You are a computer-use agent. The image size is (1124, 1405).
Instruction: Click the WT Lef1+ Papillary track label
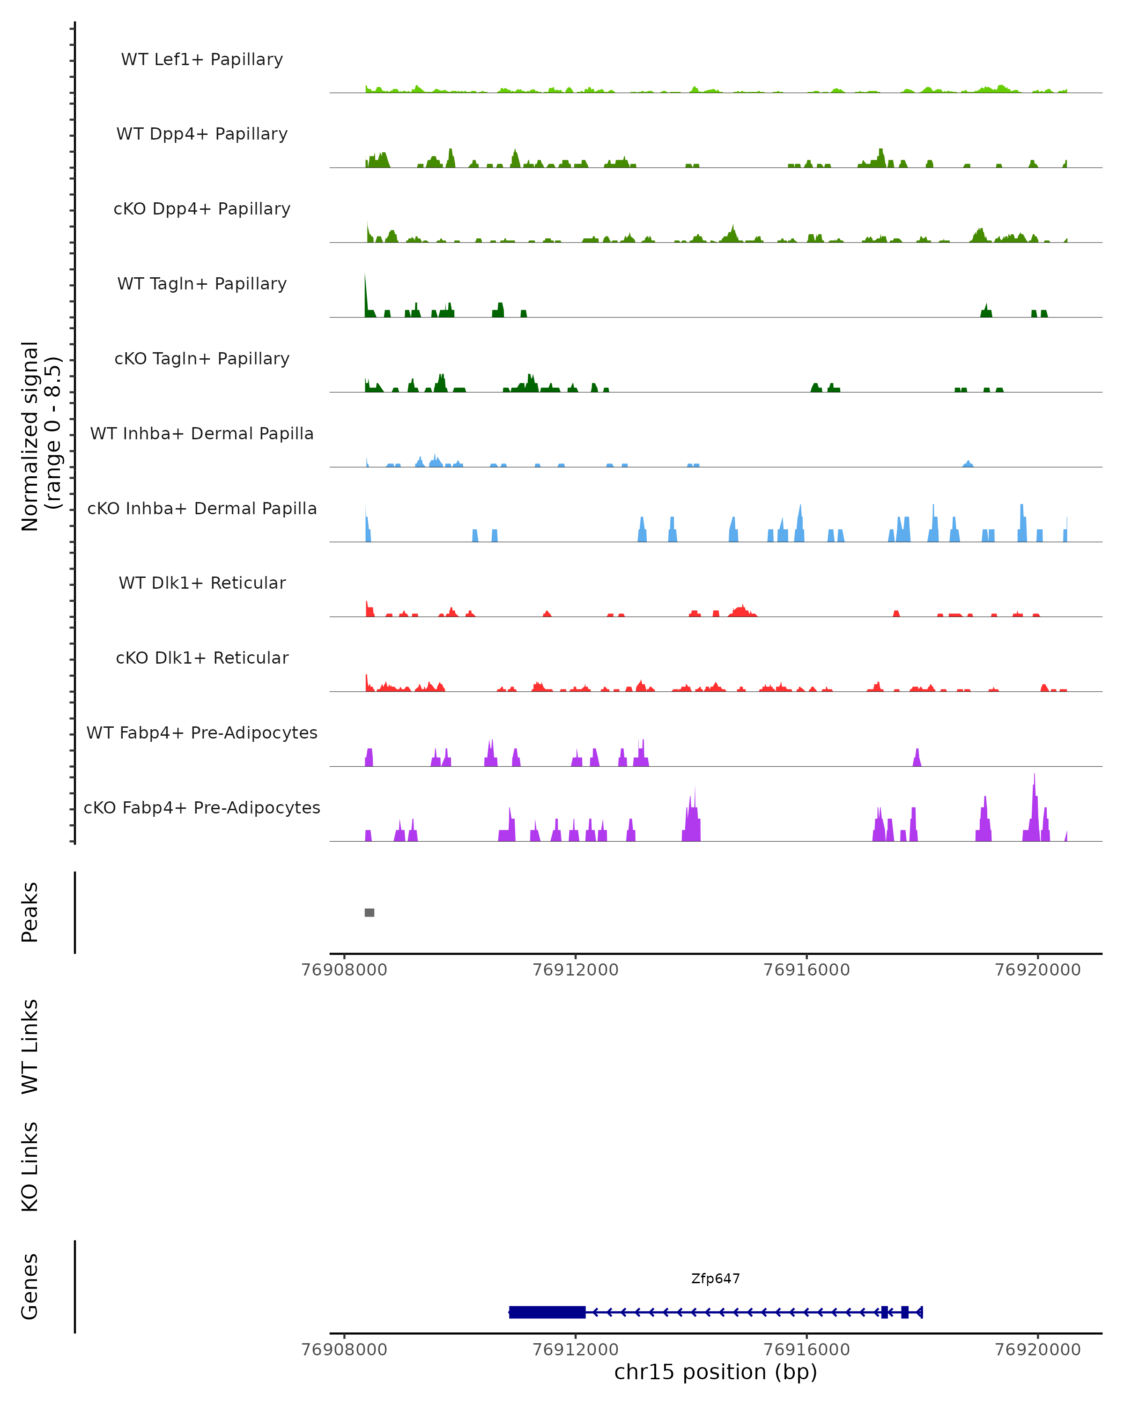click(x=202, y=59)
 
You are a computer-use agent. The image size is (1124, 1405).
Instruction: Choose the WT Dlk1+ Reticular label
click(x=202, y=583)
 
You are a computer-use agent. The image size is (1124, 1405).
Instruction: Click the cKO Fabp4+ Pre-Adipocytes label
click(x=202, y=807)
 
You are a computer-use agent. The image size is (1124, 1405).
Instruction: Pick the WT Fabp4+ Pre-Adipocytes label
click(x=202, y=732)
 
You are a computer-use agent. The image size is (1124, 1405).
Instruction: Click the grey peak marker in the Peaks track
click(x=370, y=912)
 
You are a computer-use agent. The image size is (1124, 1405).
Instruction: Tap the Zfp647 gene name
click(x=716, y=1279)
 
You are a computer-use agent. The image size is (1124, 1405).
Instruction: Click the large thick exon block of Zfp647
click(x=547, y=1312)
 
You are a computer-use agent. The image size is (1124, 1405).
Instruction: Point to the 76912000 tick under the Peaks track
click(x=576, y=970)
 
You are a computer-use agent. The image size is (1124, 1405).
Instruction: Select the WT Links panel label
click(x=30, y=1046)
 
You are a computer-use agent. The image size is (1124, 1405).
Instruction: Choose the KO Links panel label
click(x=30, y=1167)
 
